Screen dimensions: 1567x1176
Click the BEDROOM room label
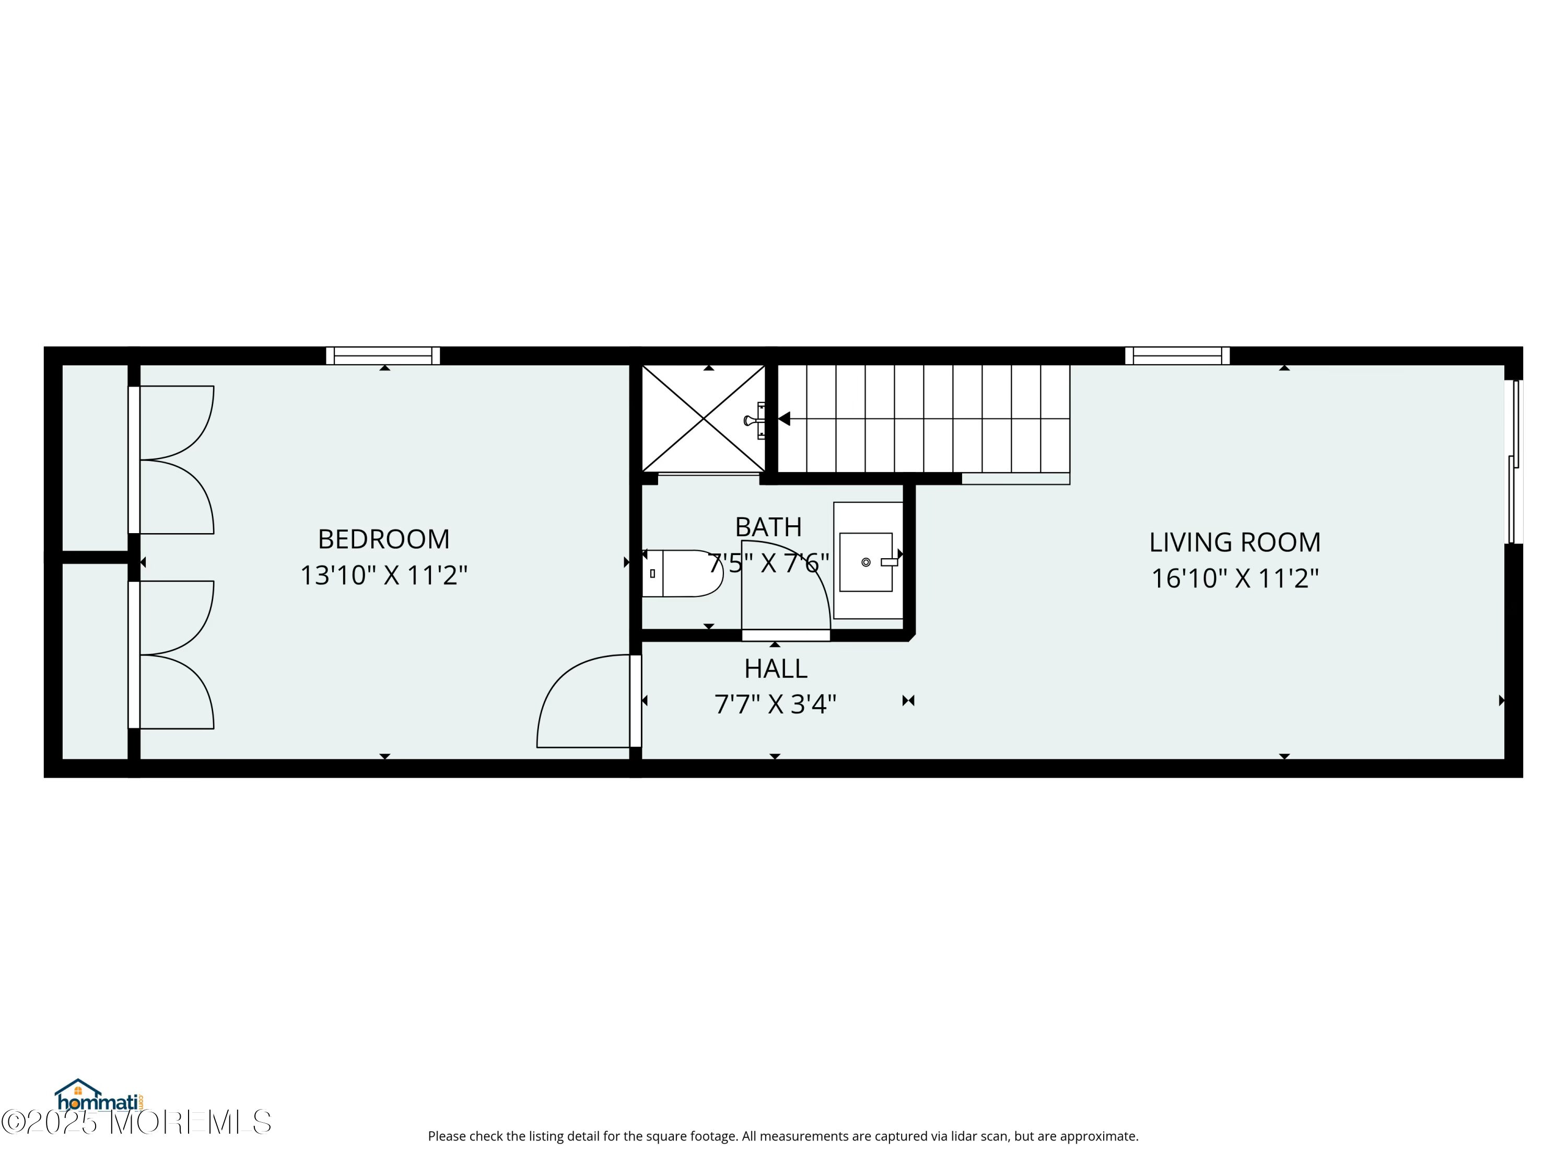(383, 539)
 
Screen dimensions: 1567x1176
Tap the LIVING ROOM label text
(1235, 543)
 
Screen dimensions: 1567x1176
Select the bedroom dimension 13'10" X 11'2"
(384, 575)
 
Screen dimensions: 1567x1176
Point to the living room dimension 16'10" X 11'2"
(1235, 579)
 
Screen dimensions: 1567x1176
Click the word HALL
(776, 668)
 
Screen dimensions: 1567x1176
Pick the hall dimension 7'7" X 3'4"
(776, 704)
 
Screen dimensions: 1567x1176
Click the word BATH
(769, 527)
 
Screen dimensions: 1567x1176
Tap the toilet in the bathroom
(682, 573)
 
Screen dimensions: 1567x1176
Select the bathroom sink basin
(866, 562)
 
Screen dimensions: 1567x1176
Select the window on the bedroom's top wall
(383, 356)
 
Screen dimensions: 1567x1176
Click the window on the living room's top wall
(1177, 356)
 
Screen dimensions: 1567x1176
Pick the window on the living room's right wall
(1514, 462)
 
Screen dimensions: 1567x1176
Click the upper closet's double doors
(171, 460)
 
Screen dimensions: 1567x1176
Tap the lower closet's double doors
(171, 655)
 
